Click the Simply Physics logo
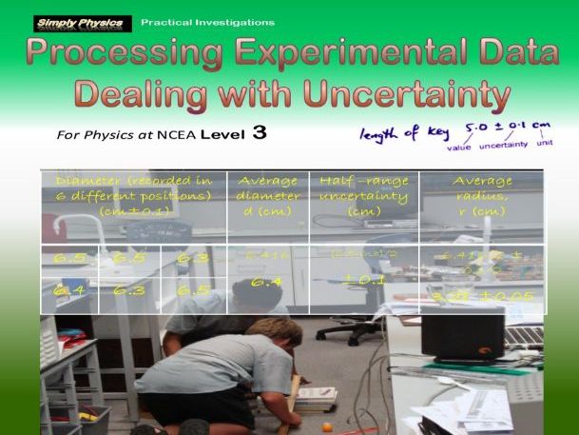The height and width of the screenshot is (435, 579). pos(81,22)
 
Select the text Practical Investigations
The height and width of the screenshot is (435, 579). pos(207,22)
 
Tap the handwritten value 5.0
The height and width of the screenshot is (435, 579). pos(478,127)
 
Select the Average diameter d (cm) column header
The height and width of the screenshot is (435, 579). pos(267,196)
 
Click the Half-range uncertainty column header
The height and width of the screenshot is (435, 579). pos(363,196)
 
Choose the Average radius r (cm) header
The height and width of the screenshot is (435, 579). pos(481,196)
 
